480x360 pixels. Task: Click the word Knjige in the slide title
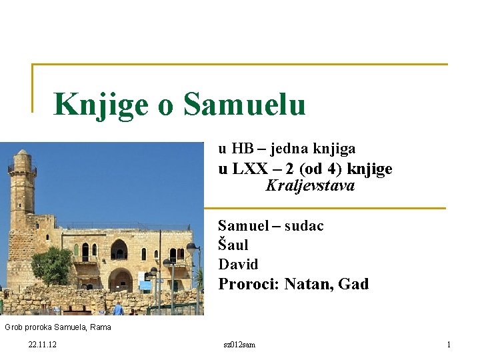(100, 105)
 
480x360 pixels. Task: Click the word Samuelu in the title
(244, 104)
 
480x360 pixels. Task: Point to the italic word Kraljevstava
(310, 186)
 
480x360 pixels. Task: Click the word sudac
(304, 226)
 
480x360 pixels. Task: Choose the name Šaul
(233, 245)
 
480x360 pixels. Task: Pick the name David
(238, 264)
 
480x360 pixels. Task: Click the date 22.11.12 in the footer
(43, 345)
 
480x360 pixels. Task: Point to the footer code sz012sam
(240, 345)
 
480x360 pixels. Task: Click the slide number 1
(449, 345)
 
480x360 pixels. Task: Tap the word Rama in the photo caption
(101, 327)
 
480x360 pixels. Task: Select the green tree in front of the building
(52, 265)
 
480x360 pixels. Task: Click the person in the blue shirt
(119, 308)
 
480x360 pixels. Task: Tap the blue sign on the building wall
(145, 285)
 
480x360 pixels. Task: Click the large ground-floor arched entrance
(120, 279)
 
